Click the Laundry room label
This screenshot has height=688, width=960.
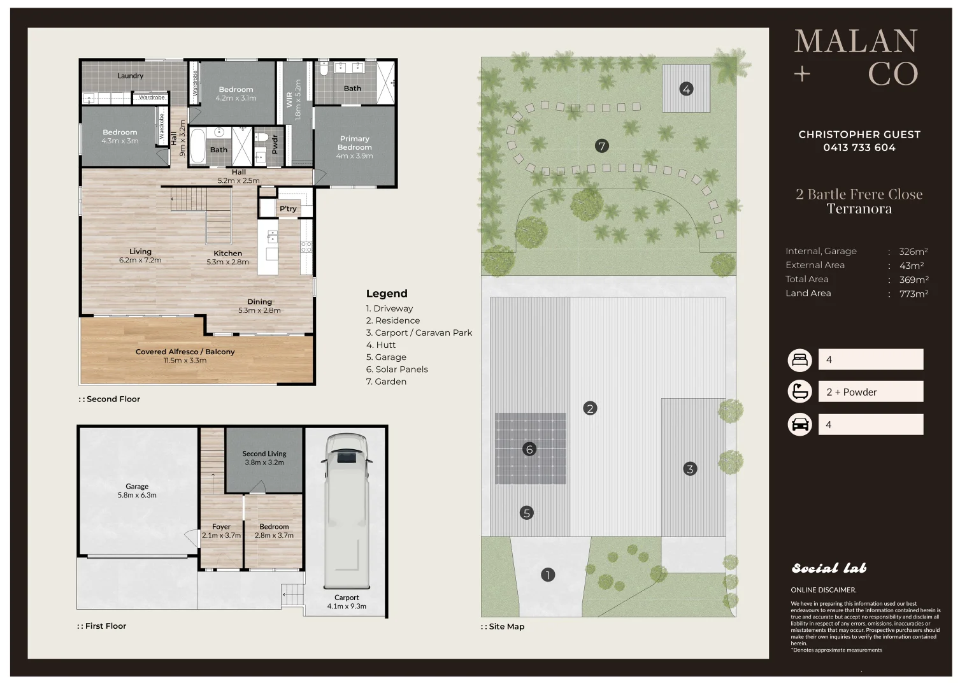click(130, 76)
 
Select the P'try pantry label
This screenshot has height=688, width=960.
click(288, 209)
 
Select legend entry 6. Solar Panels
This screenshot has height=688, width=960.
click(396, 369)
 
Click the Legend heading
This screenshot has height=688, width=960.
click(386, 294)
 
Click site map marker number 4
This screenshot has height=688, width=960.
click(686, 89)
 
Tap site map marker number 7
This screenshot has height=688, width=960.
click(601, 147)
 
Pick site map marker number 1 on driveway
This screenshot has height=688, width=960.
click(547, 575)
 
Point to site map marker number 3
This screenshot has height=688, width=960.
click(690, 469)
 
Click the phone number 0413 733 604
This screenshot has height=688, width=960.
click(859, 148)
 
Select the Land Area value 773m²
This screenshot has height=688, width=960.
click(913, 294)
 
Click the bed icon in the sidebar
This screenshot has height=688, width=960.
click(799, 360)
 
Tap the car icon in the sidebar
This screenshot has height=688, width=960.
click(799, 424)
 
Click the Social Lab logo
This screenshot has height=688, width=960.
click(829, 568)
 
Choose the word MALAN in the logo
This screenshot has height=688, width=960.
click(856, 42)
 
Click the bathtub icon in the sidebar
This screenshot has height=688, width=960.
click(799, 392)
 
